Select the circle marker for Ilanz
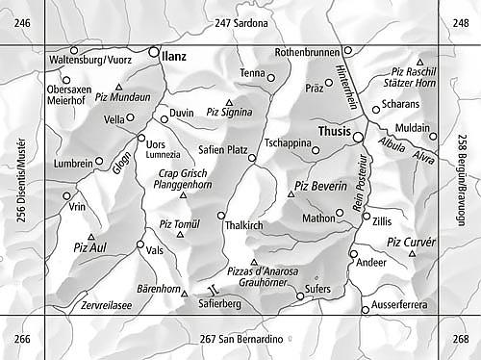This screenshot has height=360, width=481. tap(155, 53)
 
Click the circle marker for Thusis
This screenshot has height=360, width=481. tap(358, 138)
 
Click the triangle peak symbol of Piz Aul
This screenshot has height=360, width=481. tap(91, 236)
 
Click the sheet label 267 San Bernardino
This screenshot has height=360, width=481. tap(242, 339)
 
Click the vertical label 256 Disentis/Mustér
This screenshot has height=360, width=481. tap(22, 179)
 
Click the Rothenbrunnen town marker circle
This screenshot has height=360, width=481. tap(348, 50)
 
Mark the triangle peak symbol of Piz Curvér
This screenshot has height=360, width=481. tap(412, 254)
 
